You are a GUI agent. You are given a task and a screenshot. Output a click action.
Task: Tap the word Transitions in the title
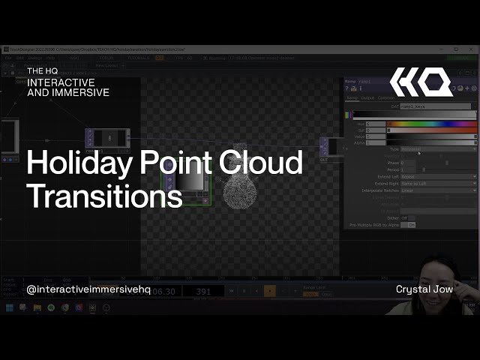(x=104, y=196)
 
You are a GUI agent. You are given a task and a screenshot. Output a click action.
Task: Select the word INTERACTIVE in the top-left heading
(x=61, y=82)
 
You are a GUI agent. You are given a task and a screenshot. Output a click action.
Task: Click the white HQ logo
(x=420, y=82)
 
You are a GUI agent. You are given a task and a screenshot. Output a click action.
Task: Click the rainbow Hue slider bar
(x=431, y=124)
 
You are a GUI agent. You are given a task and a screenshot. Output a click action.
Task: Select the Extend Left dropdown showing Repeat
(x=438, y=177)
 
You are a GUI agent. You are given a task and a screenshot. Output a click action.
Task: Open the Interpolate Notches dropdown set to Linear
(x=438, y=190)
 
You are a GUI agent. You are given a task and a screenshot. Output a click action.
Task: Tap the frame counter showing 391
(x=203, y=291)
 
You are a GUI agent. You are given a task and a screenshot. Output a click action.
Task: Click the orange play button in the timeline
(x=270, y=290)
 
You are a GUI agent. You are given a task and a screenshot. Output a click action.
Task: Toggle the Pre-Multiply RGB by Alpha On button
(x=411, y=224)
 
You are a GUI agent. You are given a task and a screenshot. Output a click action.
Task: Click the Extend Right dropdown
(x=438, y=184)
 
